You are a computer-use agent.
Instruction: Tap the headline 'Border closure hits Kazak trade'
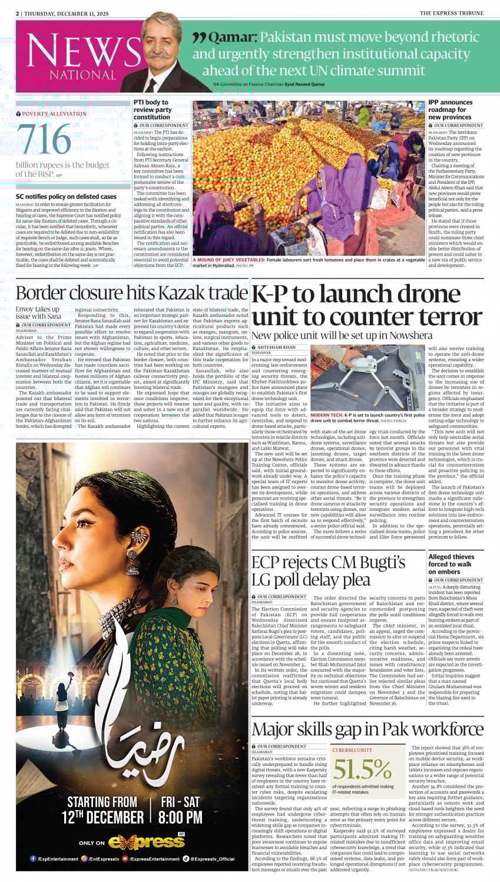point(131,293)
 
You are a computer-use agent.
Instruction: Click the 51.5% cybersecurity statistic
point(362,769)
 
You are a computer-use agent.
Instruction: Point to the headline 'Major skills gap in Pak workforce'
point(367,729)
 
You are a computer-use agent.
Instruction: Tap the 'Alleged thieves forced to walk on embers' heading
point(451,564)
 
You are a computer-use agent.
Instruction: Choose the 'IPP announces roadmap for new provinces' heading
point(451,110)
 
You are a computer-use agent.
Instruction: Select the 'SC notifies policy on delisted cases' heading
point(66,196)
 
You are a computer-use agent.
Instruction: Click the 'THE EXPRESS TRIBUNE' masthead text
point(452,13)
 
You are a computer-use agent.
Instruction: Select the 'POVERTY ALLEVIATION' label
point(54,114)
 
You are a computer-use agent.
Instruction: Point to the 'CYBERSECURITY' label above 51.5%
point(352,750)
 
